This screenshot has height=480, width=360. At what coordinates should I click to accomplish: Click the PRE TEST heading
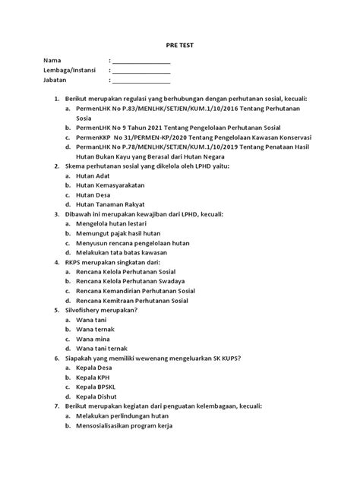(x=180, y=46)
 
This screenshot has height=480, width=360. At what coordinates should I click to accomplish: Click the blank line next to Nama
(x=142, y=60)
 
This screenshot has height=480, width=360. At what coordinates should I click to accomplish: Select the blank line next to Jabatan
(x=142, y=80)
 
